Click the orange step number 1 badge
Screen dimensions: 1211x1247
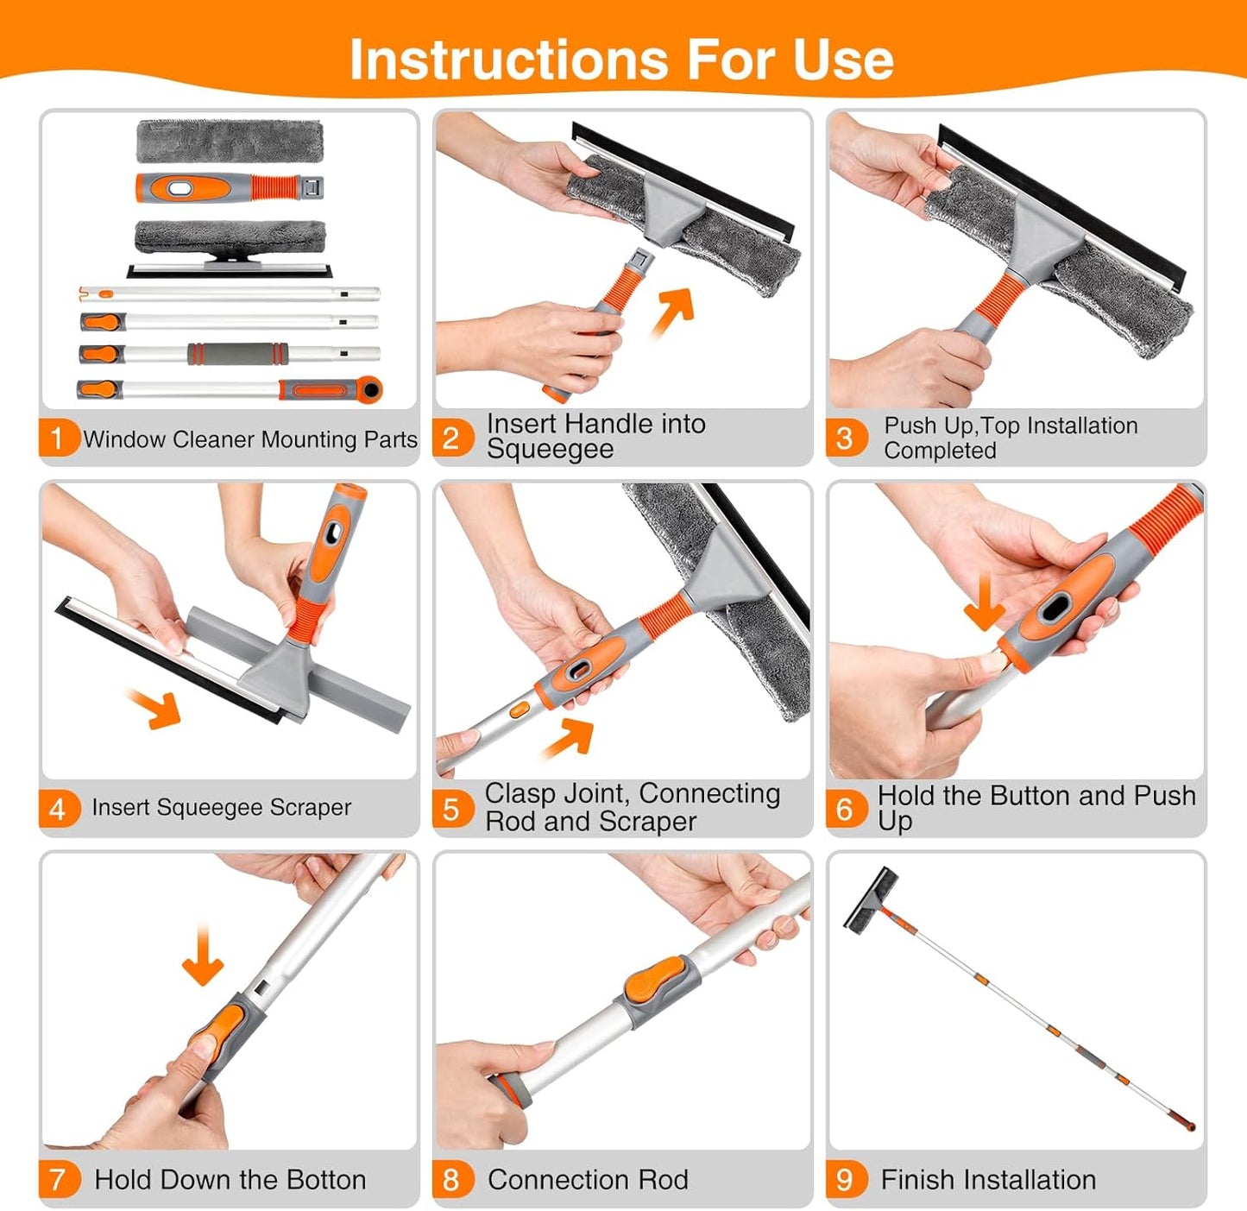[x=57, y=438]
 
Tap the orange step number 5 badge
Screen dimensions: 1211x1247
[x=451, y=809]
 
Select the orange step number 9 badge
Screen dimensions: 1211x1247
[x=845, y=1179]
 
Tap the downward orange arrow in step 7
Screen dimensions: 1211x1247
[x=203, y=956]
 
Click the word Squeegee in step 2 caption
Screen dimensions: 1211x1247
[x=550, y=450]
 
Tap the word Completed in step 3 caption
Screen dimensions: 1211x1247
[x=939, y=451]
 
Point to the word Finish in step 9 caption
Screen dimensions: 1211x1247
[x=917, y=1180]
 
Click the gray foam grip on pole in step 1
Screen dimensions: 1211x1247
[x=236, y=354]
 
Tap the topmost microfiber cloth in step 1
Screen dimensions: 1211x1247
[x=230, y=141]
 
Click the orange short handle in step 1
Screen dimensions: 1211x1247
[x=229, y=187]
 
